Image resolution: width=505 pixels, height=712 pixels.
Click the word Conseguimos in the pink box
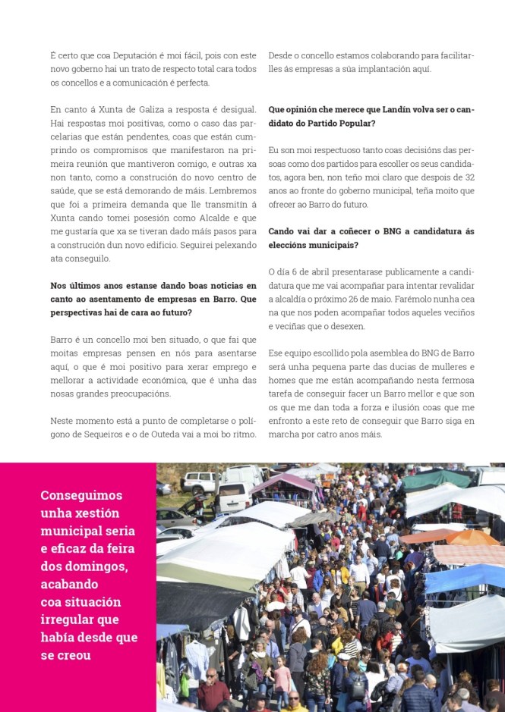(81, 495)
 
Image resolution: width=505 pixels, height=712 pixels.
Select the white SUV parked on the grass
(200, 481)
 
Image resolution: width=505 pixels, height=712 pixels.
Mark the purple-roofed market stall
(285, 481)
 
